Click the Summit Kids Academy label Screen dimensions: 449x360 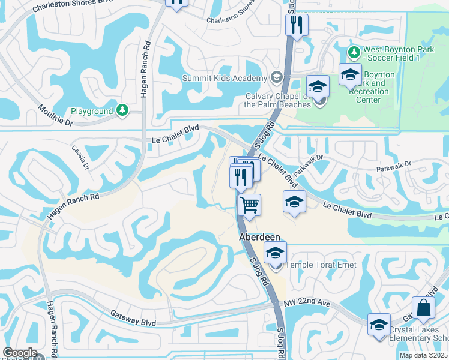coord(224,79)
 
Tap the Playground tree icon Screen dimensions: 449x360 coord(122,111)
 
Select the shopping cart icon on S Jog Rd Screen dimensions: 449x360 coord(249,205)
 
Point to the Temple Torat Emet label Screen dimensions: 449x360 coord(322,265)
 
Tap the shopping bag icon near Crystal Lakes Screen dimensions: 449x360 coord(424,309)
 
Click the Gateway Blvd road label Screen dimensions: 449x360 coord(132,319)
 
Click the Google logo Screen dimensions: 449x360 coord(20,353)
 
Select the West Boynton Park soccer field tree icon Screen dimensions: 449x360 coord(354,52)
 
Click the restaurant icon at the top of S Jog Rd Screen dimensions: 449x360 coord(297,25)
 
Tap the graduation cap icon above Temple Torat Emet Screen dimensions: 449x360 coord(276,253)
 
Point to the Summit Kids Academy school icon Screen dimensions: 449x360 coord(276,78)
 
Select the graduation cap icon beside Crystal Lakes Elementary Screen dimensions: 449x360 coord(379,325)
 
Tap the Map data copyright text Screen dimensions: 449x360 coord(423,355)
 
